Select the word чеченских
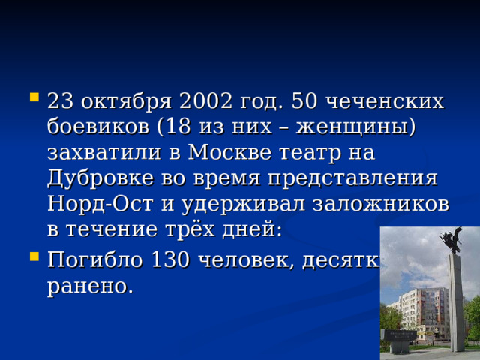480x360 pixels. coord(397,101)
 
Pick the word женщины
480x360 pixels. coord(358,127)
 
